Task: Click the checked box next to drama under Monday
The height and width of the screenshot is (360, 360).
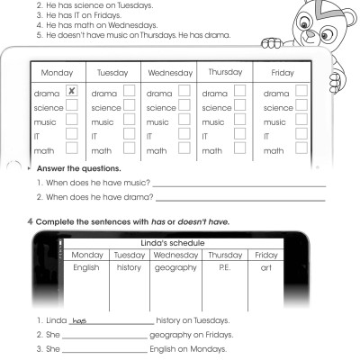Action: coord(73,92)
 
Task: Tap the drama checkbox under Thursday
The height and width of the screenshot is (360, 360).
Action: coord(240,92)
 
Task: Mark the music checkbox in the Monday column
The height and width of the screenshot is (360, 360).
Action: coord(73,121)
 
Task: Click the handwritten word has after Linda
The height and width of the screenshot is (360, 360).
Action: coord(77,319)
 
